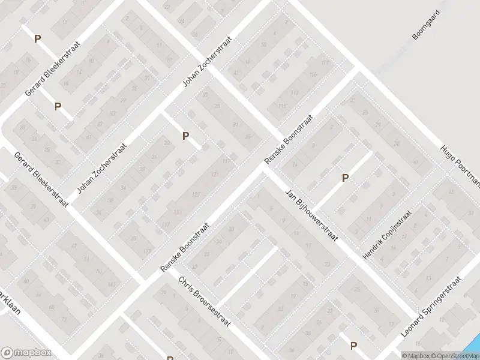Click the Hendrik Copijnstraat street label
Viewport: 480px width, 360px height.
pyautogui.click(x=387, y=235)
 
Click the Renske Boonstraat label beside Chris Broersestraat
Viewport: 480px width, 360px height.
pyautogui.click(x=184, y=248)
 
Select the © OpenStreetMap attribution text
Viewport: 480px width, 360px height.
pyautogui.click(x=455, y=356)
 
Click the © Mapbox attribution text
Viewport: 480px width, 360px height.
pyautogui.click(x=416, y=356)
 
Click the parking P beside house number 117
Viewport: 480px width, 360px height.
pyautogui.click(x=186, y=136)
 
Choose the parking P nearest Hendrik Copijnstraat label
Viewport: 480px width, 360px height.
pyautogui.click(x=345, y=178)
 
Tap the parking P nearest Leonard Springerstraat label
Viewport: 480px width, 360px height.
pyautogui.click(x=353, y=345)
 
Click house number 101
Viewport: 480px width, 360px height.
pyautogui.click(x=325, y=62)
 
